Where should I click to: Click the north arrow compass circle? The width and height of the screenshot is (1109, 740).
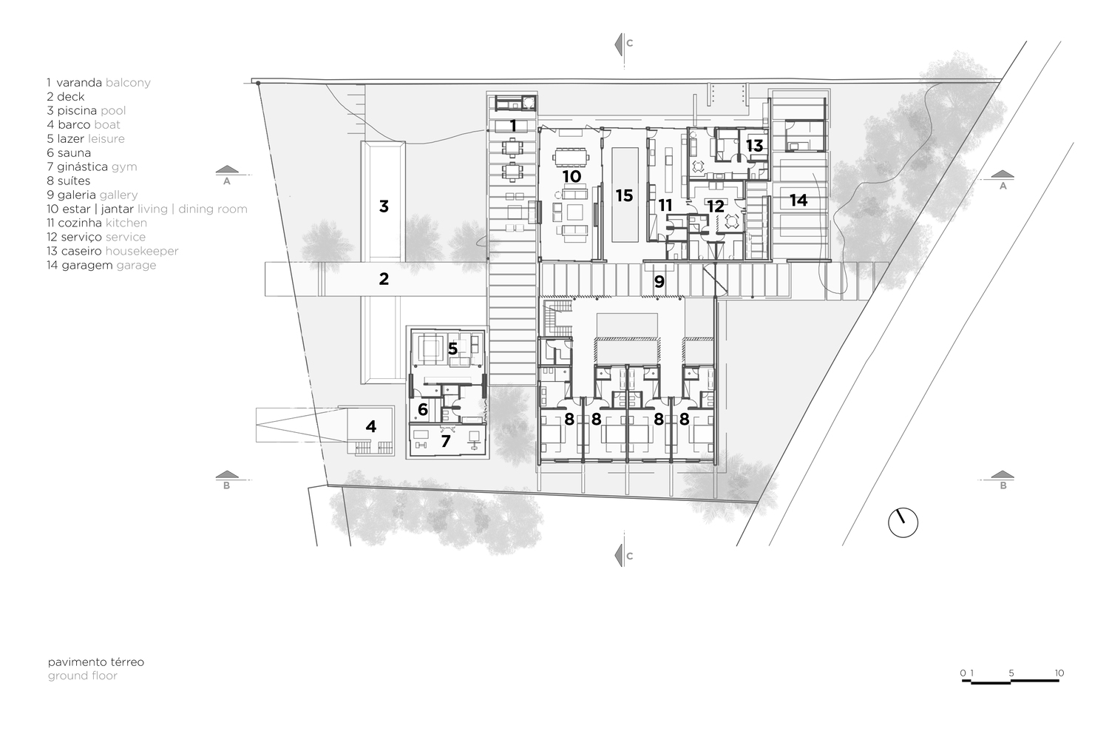coord(902,522)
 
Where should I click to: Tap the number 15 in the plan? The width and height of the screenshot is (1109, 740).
coord(624,195)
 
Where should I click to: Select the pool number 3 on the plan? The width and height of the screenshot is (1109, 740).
coord(384,206)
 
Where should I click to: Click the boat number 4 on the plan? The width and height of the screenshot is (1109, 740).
coord(370,426)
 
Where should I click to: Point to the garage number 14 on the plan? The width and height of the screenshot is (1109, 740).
coord(798,200)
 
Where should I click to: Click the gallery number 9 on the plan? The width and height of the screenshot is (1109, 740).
coord(659,281)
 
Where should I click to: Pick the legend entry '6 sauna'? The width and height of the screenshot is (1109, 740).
coord(69,153)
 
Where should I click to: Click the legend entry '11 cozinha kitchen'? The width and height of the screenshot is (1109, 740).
coord(96,223)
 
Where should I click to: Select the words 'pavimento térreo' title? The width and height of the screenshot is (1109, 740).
coord(96,662)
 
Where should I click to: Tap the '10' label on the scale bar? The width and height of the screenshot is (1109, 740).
coord(1059,673)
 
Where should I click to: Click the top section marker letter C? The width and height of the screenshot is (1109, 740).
coord(629,44)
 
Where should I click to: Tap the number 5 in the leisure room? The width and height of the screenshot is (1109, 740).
coord(452,347)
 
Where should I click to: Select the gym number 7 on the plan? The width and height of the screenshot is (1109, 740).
coord(445,442)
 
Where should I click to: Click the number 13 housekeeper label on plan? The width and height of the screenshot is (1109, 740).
coord(753,146)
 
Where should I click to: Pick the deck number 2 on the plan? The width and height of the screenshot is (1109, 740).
coord(383,279)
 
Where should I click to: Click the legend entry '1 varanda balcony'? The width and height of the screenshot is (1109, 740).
coord(98,82)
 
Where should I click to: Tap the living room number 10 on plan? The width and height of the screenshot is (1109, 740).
coord(572,176)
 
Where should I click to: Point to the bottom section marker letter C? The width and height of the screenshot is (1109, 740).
coord(629,556)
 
